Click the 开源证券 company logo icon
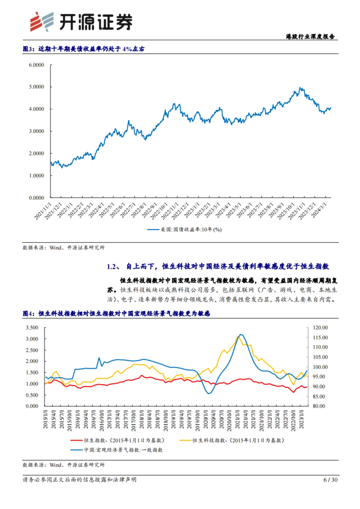(x=42, y=22)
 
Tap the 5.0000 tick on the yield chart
(x=36, y=87)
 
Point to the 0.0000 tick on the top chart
(x=36, y=198)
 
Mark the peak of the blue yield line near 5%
(x=300, y=88)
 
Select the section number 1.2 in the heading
(x=112, y=266)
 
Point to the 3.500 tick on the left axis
(x=32, y=328)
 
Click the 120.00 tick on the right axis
(x=320, y=328)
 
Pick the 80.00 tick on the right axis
(x=319, y=406)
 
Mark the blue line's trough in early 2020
(x=208, y=394)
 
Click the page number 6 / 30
(x=330, y=480)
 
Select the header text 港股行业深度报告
(x=310, y=37)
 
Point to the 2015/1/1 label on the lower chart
(x=46, y=420)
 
